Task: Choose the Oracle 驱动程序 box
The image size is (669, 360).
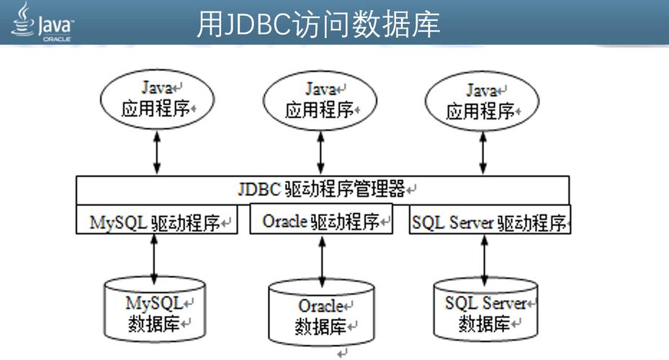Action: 321,220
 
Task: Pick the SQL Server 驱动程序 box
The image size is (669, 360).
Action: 489,221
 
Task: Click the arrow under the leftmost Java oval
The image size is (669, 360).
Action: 156,152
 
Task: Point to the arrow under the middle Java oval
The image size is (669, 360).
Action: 320,152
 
